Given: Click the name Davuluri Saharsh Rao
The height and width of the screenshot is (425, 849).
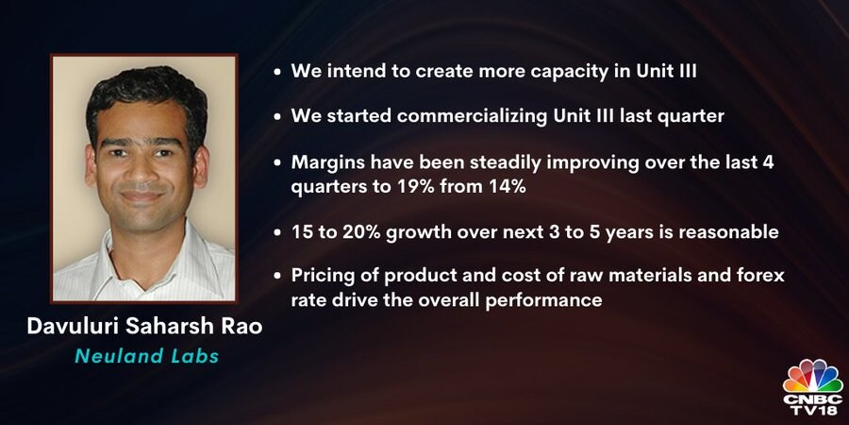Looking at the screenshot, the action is (144, 328).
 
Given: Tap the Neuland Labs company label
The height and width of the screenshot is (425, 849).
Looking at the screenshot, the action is (147, 356).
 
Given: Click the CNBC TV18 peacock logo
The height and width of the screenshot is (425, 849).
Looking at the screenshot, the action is (813, 387).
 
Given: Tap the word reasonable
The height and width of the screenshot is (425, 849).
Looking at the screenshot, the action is (729, 233).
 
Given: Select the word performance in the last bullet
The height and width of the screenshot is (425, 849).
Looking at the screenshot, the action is (543, 300).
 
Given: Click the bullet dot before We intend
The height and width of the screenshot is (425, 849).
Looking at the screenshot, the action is (277, 72).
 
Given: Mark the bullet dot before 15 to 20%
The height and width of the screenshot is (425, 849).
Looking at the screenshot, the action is (277, 233).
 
